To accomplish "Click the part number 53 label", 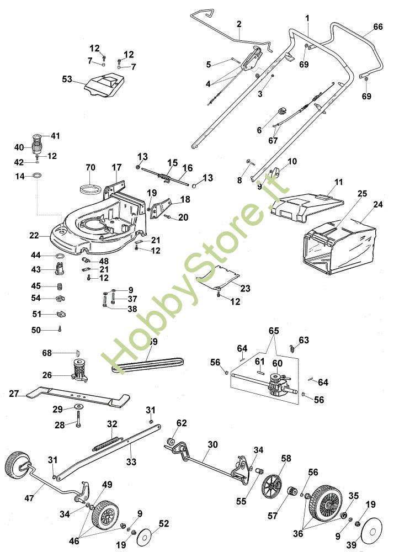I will click(x=67, y=79).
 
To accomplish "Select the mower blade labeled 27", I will click(x=77, y=395).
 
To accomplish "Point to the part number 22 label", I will click(x=34, y=236).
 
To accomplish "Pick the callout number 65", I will click(x=274, y=331).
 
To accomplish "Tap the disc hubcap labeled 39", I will click(x=376, y=532).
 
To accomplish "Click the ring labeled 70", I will click(x=90, y=187).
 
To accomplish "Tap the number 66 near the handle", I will click(x=378, y=26).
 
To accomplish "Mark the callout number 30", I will click(x=212, y=444).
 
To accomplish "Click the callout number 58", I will click(x=285, y=458).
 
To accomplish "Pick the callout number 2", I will click(x=239, y=24).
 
